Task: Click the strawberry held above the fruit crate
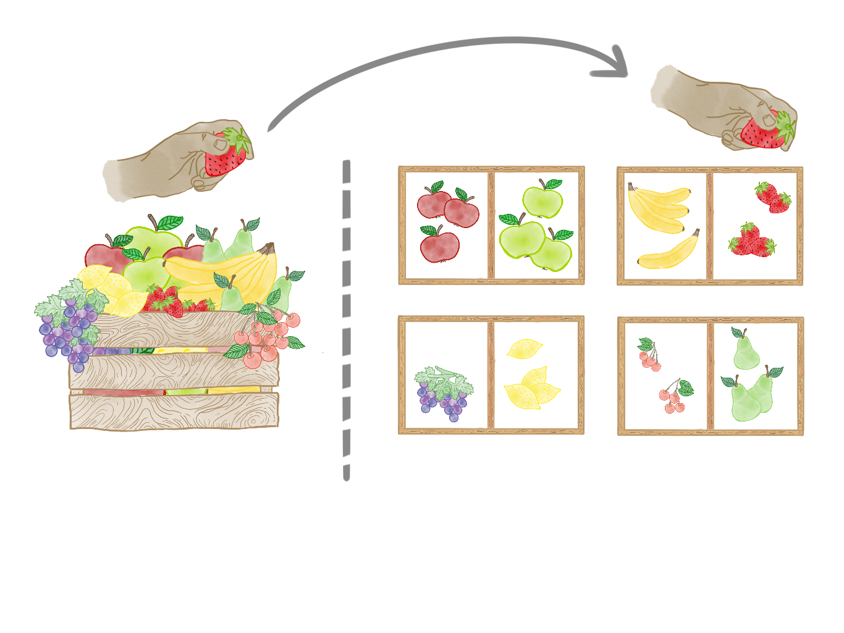coord(225,156)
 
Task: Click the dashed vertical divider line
coord(346,321)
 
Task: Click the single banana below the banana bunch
coord(669,252)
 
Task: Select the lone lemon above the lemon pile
coord(524,349)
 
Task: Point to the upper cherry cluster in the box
coord(649,355)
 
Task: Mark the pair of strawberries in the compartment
coord(772,198)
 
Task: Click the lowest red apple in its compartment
coord(439,245)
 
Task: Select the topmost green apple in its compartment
coord(542,200)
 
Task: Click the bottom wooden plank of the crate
coord(174,410)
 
